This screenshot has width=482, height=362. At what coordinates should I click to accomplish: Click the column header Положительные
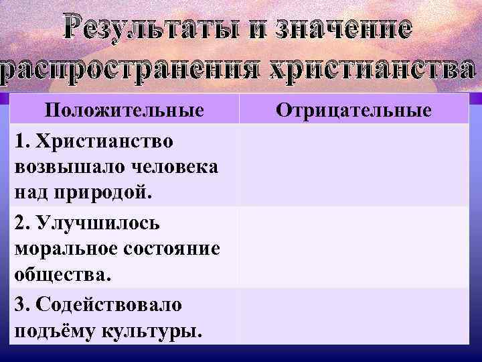coord(125,109)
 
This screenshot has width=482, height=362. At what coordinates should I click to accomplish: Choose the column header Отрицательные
coord(355,109)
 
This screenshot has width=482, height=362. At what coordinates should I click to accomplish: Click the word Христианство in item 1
coord(106,142)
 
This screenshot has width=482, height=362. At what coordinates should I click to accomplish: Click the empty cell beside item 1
coord(355,166)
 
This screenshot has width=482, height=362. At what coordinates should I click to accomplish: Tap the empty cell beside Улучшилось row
coord(355,247)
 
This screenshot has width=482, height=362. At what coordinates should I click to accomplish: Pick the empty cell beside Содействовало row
coord(355,316)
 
